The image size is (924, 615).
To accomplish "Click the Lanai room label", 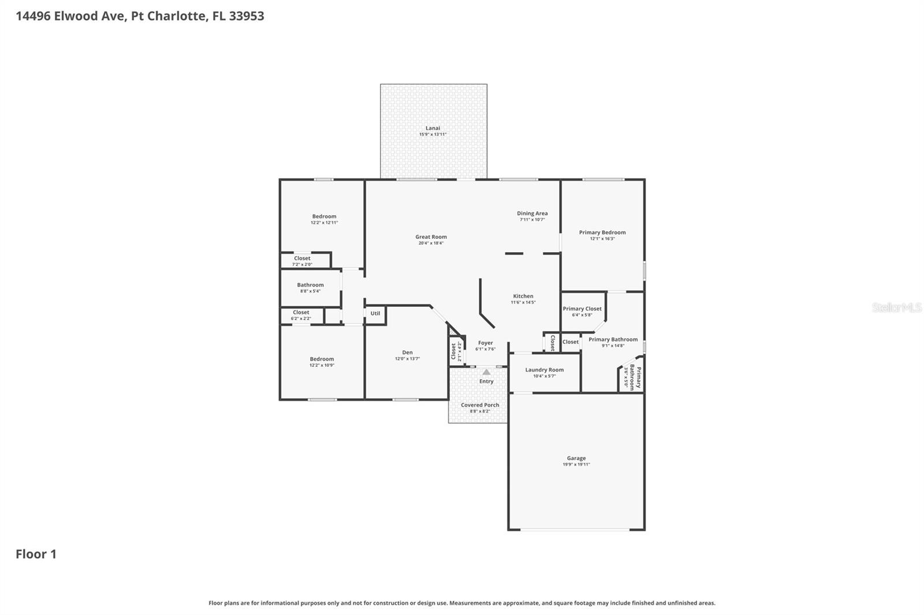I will click(433, 128).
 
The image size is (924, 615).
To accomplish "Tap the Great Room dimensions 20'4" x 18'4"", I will click(431, 243).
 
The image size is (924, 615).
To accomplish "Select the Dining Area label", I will click(532, 213).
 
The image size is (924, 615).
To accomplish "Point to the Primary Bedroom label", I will click(602, 232).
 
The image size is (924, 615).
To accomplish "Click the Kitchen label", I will click(523, 296).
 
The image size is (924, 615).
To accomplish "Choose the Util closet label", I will click(375, 313).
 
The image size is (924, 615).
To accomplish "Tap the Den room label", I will click(407, 352).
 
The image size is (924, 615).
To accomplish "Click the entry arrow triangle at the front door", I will click(486, 372).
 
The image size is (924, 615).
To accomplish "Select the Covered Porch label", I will click(479, 405).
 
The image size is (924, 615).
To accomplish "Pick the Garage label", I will click(576, 458).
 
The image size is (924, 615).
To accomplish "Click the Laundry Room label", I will click(544, 370).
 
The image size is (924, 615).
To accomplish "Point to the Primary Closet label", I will click(582, 309).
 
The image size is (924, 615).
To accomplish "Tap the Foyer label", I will click(485, 343).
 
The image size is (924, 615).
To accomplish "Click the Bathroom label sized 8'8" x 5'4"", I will click(310, 285).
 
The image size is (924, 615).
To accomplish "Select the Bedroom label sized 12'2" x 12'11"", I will click(324, 216).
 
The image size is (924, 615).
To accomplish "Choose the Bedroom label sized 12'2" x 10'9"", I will click(322, 359).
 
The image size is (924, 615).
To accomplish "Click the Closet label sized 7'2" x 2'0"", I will click(302, 258).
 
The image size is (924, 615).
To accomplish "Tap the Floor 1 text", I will click(36, 554).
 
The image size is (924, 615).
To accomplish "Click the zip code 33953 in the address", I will click(247, 16).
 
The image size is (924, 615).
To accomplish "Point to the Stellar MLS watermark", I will click(896, 307).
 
